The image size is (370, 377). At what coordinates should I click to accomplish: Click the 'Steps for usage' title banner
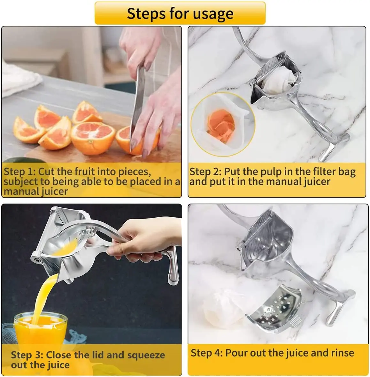[180, 13]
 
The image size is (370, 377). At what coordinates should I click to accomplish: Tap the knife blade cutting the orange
[137, 105]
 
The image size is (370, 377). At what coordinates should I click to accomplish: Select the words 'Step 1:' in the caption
[19, 172]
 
